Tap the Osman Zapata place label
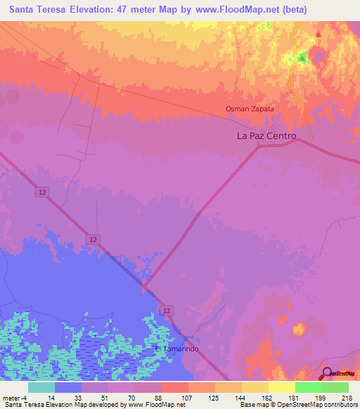249,109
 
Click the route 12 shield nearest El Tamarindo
166,310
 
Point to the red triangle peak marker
319,34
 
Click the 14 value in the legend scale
40,397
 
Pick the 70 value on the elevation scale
120,397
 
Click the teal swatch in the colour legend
41,387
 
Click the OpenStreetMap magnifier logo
328,373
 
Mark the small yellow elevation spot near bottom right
299,328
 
